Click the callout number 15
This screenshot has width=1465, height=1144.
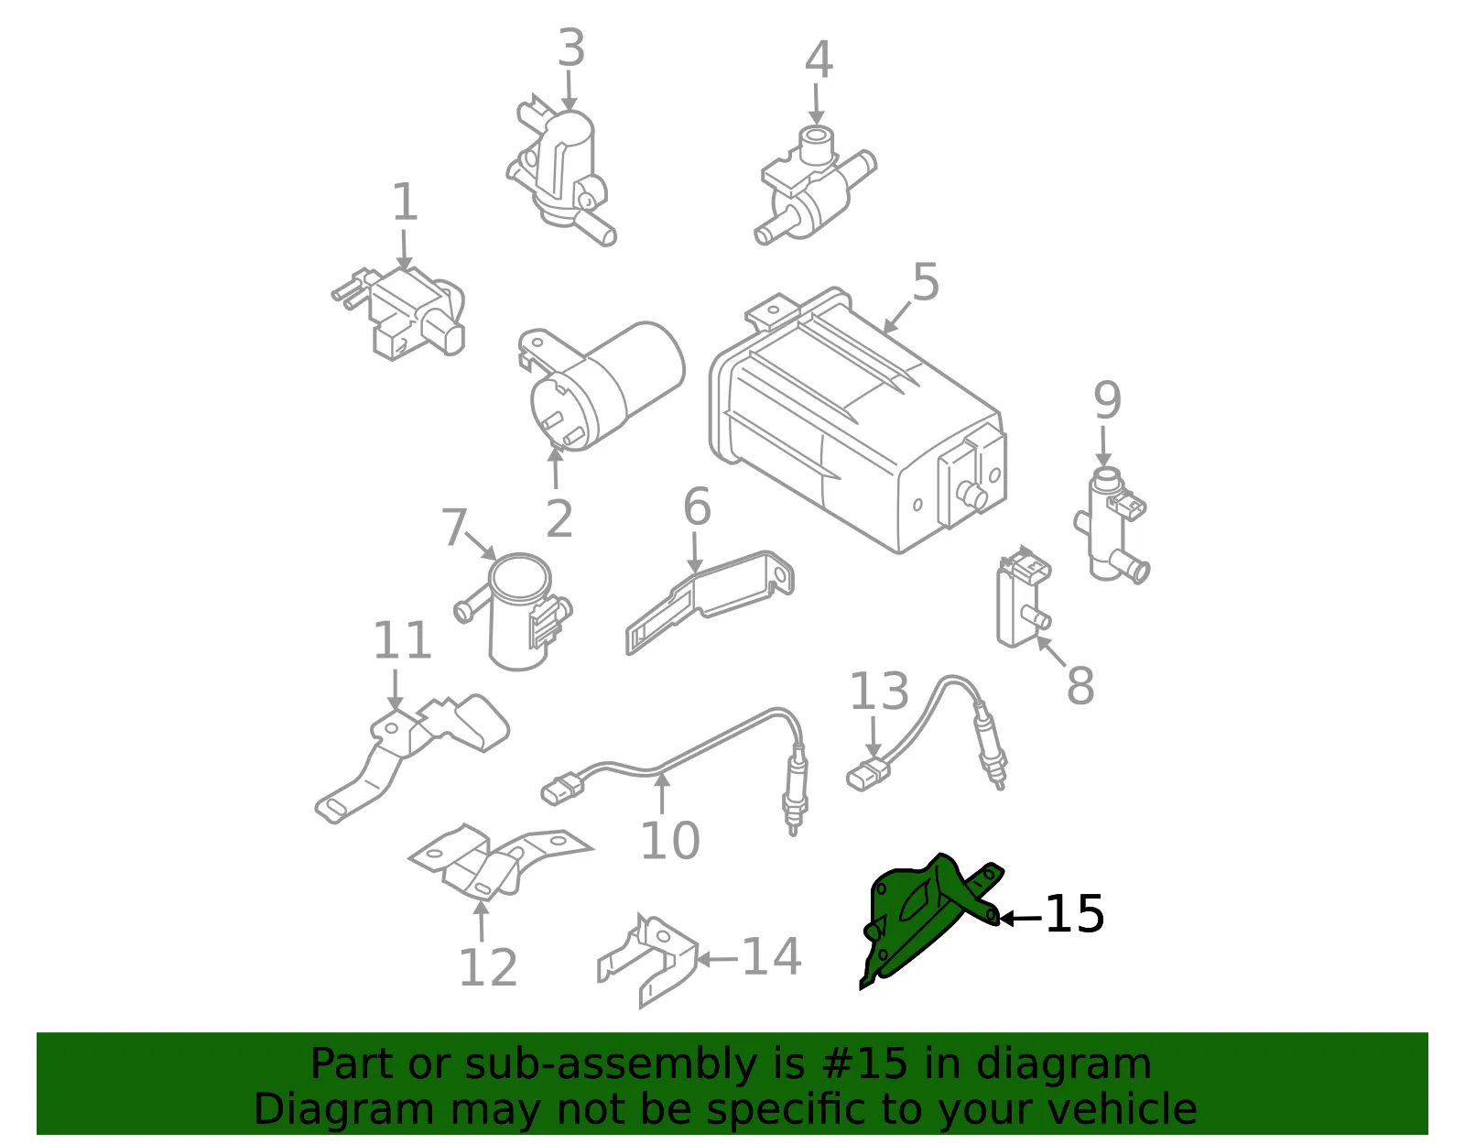tap(1074, 914)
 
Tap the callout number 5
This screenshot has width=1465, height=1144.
tap(926, 282)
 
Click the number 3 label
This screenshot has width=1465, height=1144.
tap(571, 48)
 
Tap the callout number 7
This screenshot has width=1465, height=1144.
tap(454, 528)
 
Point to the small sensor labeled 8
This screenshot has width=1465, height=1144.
tap(1024, 597)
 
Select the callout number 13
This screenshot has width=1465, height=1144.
tap(878, 691)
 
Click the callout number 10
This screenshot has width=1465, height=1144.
tap(670, 841)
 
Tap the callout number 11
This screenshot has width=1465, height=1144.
tap(402, 639)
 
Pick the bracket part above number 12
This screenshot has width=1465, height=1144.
tap(500, 862)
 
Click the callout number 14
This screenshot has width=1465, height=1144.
tap(771, 956)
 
